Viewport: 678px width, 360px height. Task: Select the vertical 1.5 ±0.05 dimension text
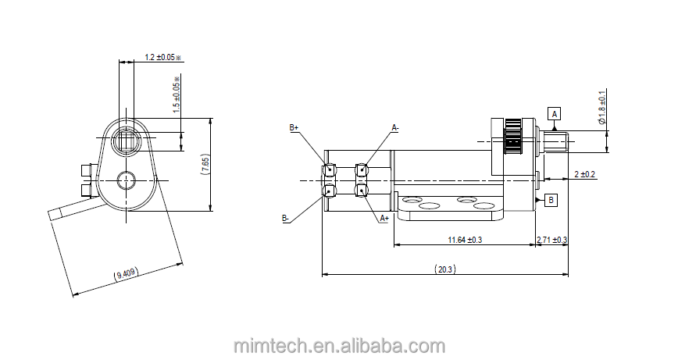pyautogui.click(x=177, y=95)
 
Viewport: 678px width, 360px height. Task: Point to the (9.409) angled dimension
pyautogui.click(x=126, y=273)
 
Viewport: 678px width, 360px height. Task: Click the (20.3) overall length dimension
pyautogui.click(x=445, y=269)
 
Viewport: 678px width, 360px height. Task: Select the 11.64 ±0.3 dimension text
pyautogui.click(x=465, y=240)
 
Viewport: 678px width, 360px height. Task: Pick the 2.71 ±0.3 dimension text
pyautogui.click(x=551, y=240)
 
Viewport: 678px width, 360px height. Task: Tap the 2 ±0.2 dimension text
pyautogui.click(x=585, y=174)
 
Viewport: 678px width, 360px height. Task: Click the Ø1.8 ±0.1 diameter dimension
pyautogui.click(x=601, y=109)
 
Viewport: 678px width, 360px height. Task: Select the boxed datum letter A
pyautogui.click(x=555, y=114)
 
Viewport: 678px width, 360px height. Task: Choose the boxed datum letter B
pyautogui.click(x=551, y=200)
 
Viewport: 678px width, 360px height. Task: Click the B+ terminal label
pyautogui.click(x=294, y=127)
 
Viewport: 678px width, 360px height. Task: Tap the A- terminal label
pyautogui.click(x=395, y=127)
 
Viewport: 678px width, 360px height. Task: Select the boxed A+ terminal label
pyautogui.click(x=384, y=219)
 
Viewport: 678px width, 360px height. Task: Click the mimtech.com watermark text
pyautogui.click(x=339, y=345)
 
